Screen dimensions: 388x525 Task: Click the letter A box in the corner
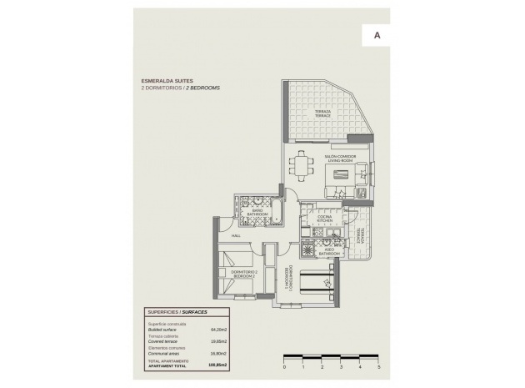coord(377,36)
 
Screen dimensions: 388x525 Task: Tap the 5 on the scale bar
coord(378,366)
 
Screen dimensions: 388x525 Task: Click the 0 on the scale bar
coord(284,366)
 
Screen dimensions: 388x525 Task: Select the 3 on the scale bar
coord(341,366)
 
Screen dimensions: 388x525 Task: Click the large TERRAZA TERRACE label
coord(323,113)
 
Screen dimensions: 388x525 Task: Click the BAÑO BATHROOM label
coord(258,213)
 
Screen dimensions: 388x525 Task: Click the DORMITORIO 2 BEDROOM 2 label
coord(244,273)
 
